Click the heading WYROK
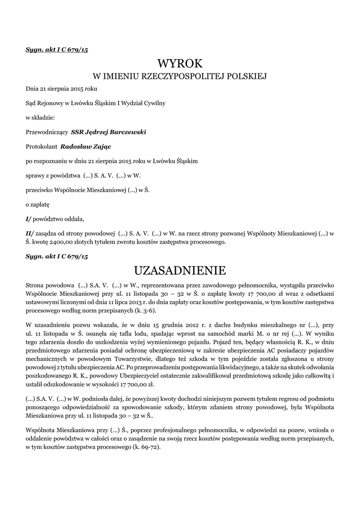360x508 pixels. [180, 63]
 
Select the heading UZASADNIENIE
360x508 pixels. [180, 270]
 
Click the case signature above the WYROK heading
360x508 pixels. [57, 50]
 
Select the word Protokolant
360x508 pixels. [41, 146]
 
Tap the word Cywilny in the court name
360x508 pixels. [154, 103]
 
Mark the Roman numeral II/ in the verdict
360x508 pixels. [30, 233]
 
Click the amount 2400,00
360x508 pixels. [61, 242]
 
